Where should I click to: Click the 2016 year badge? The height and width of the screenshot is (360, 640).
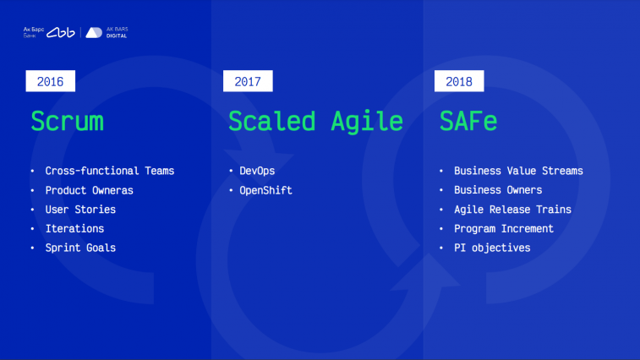(50, 81)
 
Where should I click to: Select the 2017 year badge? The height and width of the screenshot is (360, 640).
(248, 81)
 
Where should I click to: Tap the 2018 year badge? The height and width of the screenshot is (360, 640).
(459, 81)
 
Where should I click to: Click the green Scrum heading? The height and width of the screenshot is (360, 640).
(68, 121)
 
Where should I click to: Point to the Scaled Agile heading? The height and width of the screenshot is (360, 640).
(315, 122)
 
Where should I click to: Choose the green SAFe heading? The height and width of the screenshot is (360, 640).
(468, 121)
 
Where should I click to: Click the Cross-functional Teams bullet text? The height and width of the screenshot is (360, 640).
(110, 171)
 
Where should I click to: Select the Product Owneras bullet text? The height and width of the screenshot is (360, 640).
(90, 190)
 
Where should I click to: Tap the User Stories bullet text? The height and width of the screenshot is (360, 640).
(80, 210)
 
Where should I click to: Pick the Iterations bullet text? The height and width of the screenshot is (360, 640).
(74, 228)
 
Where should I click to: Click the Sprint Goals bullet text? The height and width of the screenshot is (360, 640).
(80, 248)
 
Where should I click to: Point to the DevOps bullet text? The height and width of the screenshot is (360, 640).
(257, 171)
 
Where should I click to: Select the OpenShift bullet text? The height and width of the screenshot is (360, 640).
(265, 190)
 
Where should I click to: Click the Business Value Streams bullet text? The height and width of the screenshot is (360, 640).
(518, 171)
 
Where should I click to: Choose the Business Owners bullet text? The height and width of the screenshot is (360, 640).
(498, 190)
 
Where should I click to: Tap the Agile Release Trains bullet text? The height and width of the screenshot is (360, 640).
(512, 210)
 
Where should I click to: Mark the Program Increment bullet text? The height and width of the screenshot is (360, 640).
(504, 228)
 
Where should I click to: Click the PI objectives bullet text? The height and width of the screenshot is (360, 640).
(492, 248)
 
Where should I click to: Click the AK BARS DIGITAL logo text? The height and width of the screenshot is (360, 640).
(118, 33)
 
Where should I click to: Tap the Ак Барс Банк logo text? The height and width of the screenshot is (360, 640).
(34, 33)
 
